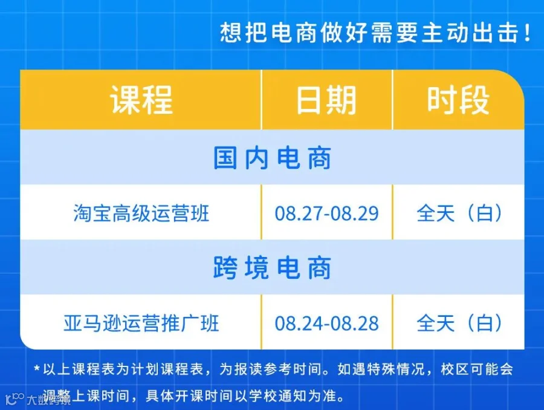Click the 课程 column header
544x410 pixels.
coord(141,100)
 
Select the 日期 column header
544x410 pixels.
coord(326,100)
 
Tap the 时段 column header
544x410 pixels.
coord(458,100)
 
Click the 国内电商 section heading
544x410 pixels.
coord(272,158)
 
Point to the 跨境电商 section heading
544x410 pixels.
coord(272,268)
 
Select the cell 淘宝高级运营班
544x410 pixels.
coord(141,213)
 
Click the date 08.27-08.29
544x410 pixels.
coord(326,213)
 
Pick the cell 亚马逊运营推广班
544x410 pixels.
coord(141,323)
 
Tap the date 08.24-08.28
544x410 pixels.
coord(326,324)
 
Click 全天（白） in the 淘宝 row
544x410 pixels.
coord(459,213)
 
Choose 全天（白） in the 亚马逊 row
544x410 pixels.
coord(459,323)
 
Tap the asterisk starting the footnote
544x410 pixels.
coord(37,368)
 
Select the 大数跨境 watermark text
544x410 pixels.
coord(49,400)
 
